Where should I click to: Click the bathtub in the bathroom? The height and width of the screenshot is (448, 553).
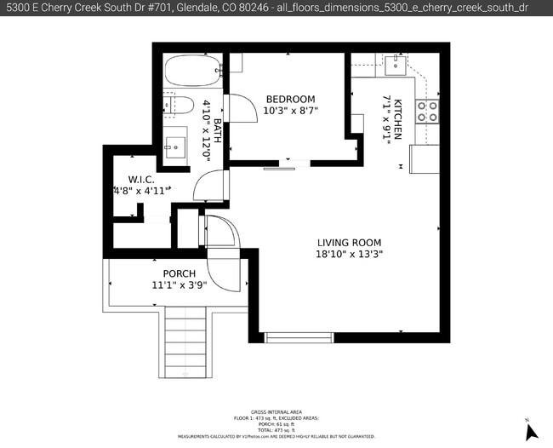tap(192, 71)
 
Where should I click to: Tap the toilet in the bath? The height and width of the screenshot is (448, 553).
tap(180, 106)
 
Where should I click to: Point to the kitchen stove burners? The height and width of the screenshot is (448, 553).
tap(426, 111)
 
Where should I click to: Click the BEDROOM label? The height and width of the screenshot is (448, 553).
tap(290, 99)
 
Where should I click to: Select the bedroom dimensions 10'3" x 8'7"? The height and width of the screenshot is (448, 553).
tap(290, 111)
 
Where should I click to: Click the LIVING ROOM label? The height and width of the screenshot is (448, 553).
tap(349, 242)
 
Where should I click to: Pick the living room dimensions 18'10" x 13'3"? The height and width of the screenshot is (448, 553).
tap(349, 254)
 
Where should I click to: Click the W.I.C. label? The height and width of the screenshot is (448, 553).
tap(141, 180)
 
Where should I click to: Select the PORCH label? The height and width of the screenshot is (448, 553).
tap(179, 273)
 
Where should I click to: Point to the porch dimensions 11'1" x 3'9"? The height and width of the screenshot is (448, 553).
tap(179, 285)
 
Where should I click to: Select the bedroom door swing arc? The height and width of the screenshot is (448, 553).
tap(241, 106)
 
